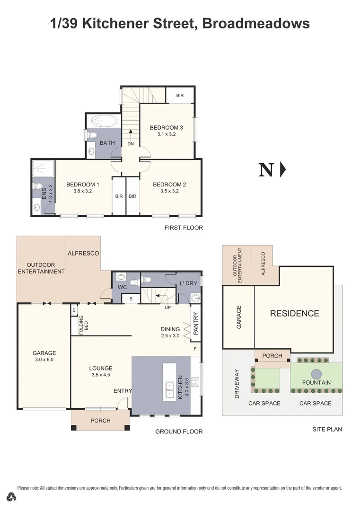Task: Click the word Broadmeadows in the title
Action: [255, 23]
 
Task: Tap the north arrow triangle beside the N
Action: [283, 169]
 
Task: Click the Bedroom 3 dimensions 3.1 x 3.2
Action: [166, 134]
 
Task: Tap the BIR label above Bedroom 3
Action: [180, 96]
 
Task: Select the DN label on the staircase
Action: [131, 143]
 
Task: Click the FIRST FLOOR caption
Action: [184, 228]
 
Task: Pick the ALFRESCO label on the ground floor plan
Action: [83, 253]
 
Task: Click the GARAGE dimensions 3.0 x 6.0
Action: [44, 360]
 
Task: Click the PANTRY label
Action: [195, 323]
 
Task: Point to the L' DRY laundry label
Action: [188, 283]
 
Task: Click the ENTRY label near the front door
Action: [123, 390]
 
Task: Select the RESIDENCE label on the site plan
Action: [294, 313]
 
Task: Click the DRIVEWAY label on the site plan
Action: [238, 384]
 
